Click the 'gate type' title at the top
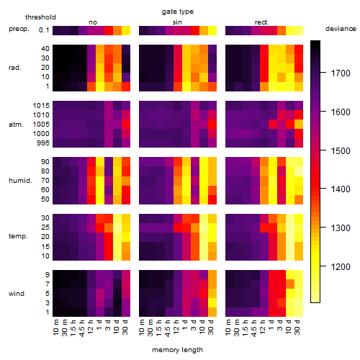tap(178, 12)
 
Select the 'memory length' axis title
tap(177, 350)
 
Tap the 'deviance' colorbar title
tap(341, 29)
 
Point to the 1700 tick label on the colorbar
tap(341, 73)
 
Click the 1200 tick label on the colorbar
tap(341, 266)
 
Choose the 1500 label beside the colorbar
tap(341, 151)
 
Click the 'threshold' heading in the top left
tap(40, 17)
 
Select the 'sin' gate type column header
tap(177, 22)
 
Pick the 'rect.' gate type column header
tap(261, 22)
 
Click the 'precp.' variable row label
tap(19, 29)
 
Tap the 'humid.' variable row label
tap(20, 180)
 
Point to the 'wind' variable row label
tap(17, 293)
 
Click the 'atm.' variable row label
tap(16, 125)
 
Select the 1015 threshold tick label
tap(41, 105)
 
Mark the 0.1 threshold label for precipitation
tap(44, 30)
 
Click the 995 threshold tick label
tap(43, 143)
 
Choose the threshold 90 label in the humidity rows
tap(45, 161)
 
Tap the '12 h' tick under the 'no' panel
tap(90, 327)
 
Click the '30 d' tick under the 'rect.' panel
tap(297, 327)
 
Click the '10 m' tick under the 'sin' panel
tap(142, 328)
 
